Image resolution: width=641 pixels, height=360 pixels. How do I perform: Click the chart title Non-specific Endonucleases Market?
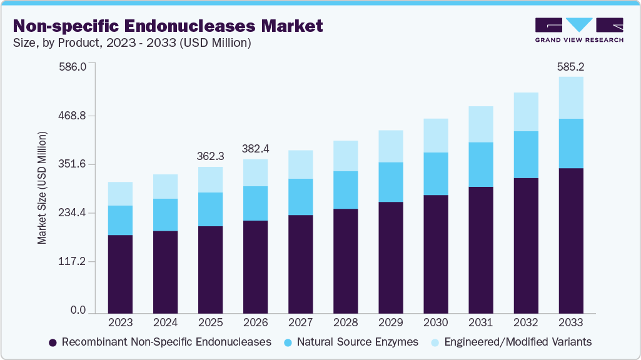168,26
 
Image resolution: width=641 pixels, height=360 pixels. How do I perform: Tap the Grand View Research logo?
579,29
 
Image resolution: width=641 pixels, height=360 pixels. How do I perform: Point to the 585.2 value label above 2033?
571,66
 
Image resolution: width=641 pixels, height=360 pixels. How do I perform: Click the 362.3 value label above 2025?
210,155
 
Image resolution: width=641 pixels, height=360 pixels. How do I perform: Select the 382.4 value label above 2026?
255,148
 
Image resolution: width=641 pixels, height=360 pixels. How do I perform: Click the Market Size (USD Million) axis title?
42,187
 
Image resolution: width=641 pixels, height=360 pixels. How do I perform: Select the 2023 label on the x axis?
120,322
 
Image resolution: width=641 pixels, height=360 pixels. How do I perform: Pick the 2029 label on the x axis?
390,322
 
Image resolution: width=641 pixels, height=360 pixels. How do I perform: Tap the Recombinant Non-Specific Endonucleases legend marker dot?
53,342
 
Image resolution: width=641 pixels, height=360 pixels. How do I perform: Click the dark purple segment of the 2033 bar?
571,241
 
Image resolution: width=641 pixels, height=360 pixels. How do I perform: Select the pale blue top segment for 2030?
436,136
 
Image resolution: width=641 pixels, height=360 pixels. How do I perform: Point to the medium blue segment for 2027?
300,197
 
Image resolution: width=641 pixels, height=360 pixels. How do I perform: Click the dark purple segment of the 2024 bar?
165,272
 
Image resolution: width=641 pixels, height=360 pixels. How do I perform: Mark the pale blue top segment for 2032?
526,112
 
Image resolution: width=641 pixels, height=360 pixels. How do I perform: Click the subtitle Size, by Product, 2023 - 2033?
132,43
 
